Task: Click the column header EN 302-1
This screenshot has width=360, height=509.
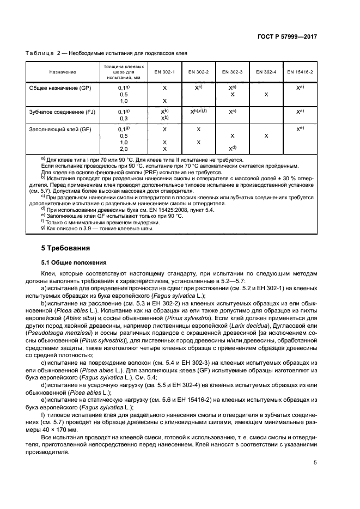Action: click(164, 71)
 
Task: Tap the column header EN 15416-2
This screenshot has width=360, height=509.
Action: click(300, 71)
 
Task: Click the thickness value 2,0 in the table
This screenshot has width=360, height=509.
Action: click(124, 148)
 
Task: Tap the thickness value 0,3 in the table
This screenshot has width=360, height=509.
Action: click(124, 118)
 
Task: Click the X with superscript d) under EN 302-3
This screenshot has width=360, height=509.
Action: click(233, 148)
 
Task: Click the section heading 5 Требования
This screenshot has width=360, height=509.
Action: click(66, 248)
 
